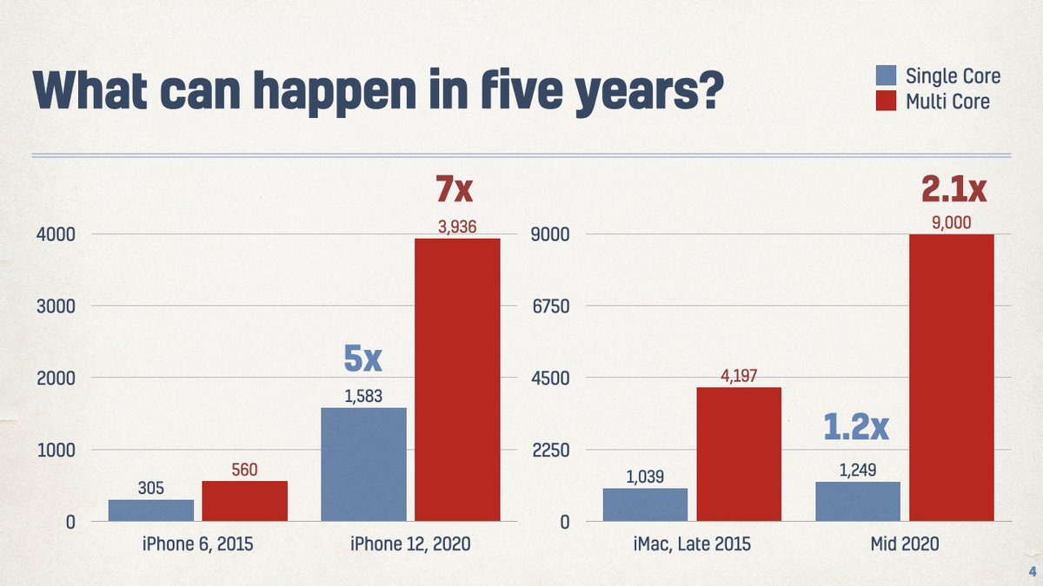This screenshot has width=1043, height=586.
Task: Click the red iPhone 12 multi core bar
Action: point(457,380)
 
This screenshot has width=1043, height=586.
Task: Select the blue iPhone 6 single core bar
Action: point(151,510)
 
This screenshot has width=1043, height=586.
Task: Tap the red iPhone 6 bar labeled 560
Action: point(245,502)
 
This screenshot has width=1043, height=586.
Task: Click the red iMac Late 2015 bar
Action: point(739,454)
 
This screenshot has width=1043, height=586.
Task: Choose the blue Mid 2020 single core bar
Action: point(858,502)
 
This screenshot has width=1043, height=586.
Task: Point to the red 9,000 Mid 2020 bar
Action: point(951,378)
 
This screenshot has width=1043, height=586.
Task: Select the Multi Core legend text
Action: point(947,102)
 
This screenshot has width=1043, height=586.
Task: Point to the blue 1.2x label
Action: point(856,428)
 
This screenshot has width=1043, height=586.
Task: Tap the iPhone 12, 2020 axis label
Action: point(410,544)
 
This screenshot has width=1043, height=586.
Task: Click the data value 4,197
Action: point(739,377)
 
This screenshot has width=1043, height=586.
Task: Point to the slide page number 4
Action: point(1032,571)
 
